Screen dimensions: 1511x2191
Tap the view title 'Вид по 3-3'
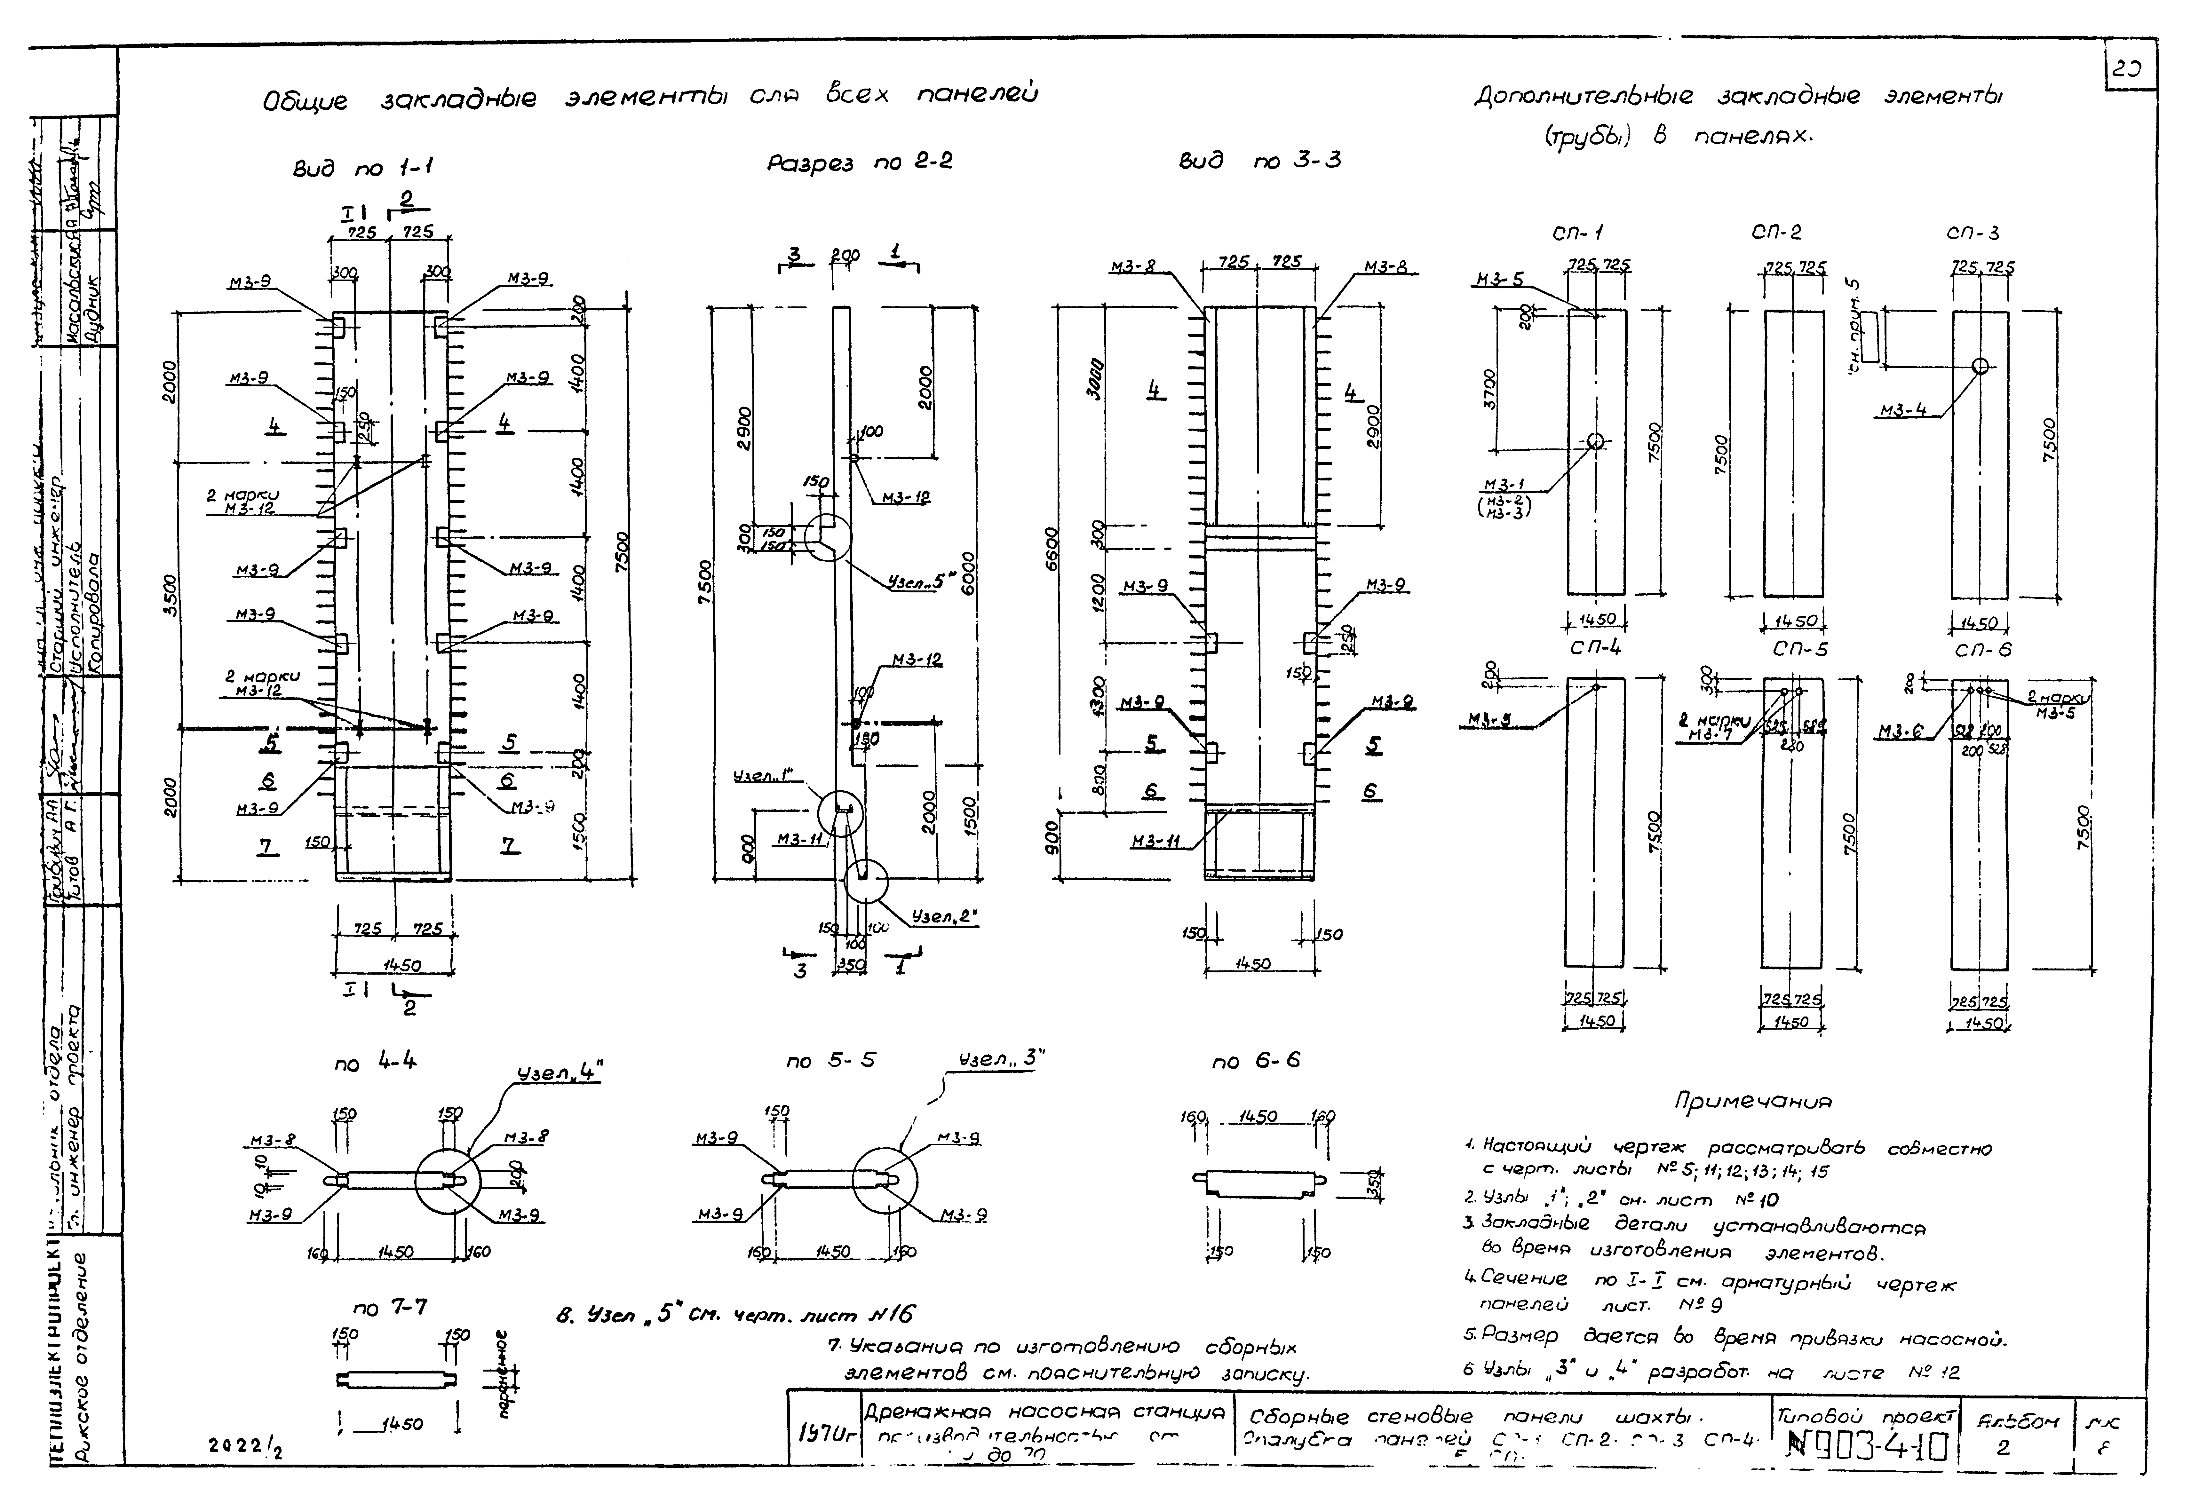tap(1259, 161)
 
